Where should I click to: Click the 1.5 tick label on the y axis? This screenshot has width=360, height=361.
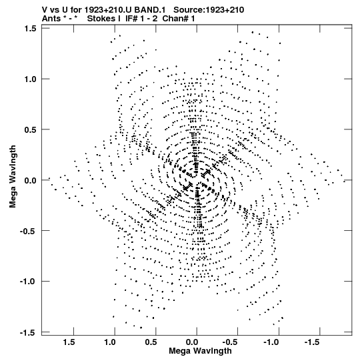[x=31, y=28]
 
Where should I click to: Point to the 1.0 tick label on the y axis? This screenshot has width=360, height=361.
[x=31, y=79]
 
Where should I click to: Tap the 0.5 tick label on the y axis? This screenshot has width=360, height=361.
[x=31, y=129]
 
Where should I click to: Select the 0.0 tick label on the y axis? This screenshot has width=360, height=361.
[x=31, y=180]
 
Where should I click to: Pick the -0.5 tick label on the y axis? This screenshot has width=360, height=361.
[x=29, y=231]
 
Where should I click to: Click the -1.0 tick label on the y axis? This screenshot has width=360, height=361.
[x=29, y=282]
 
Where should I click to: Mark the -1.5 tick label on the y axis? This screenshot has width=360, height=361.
[x=29, y=333]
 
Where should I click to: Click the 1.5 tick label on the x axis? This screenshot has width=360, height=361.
[x=69, y=342]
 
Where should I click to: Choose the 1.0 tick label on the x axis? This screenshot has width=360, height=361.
[x=110, y=342]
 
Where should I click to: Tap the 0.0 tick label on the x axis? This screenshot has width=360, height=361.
[x=192, y=342]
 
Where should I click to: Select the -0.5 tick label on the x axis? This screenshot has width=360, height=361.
[x=231, y=342]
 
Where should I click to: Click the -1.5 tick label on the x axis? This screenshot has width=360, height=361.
[x=313, y=342]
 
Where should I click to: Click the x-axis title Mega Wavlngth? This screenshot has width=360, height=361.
[x=200, y=351]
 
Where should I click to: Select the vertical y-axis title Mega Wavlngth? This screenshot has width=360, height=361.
[x=13, y=177]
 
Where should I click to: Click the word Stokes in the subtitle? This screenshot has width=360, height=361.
[x=101, y=19]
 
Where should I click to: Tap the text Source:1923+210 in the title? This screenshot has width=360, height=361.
[x=209, y=10]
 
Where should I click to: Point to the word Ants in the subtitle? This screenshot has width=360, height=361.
[x=51, y=19]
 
